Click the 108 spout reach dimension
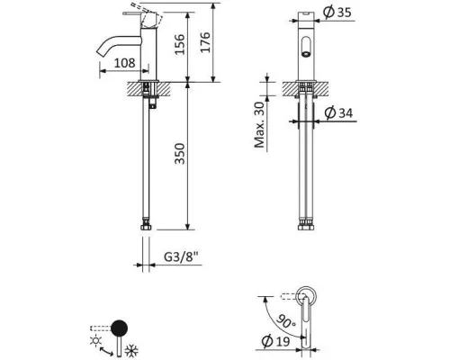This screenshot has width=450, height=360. [x=125, y=63]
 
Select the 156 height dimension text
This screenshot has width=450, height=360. [x=180, y=44]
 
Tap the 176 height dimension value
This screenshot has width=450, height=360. [x=205, y=42]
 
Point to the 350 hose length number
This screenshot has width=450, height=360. [x=180, y=154]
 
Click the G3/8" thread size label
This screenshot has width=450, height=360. [x=182, y=257]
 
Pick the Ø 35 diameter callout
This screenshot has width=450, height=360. [x=337, y=13]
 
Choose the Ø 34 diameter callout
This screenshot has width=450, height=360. [x=339, y=112]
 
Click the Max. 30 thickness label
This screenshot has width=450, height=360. [x=260, y=125]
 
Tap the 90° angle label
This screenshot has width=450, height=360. [x=285, y=321]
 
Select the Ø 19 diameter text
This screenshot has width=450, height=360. [x=275, y=341]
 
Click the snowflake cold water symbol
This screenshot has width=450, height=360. [x=131, y=351]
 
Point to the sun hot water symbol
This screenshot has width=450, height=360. [x=96, y=341]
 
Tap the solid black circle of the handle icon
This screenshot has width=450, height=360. [x=119, y=328]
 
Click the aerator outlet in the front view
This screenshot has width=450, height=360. [x=306, y=54]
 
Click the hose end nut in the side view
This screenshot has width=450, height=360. [x=146, y=226]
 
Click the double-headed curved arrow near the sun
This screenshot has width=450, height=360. [x=105, y=352]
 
